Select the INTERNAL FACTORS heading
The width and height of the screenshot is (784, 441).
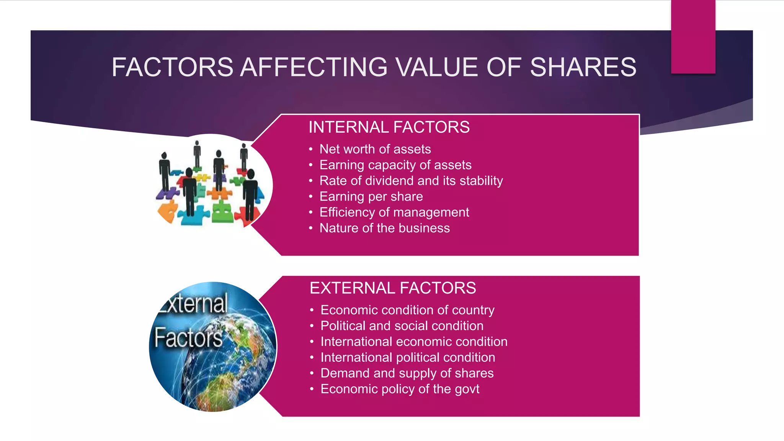tap(389, 127)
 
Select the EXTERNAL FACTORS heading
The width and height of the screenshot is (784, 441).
tap(393, 288)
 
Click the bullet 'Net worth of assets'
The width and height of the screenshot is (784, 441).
tap(375, 149)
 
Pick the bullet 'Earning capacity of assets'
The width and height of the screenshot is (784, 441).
tap(395, 165)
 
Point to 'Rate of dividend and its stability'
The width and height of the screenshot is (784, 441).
tap(411, 181)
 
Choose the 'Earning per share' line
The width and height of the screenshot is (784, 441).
tap(371, 196)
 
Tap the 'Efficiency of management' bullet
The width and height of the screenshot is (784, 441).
tap(394, 212)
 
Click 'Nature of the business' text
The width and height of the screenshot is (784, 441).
tap(385, 228)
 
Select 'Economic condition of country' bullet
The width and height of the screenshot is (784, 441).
tap(407, 310)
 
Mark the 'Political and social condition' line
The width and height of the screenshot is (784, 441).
tap(402, 326)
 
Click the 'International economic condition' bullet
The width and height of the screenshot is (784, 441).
tap(414, 341)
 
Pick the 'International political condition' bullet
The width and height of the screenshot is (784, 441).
tap(408, 357)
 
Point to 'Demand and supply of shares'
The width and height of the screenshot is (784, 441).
tap(407, 373)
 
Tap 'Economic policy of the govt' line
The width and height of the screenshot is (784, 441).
tap(400, 389)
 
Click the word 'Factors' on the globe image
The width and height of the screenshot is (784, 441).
tap(188, 338)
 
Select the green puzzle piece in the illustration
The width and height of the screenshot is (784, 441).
tap(222, 213)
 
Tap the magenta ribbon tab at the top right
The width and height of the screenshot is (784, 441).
tap(693, 36)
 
